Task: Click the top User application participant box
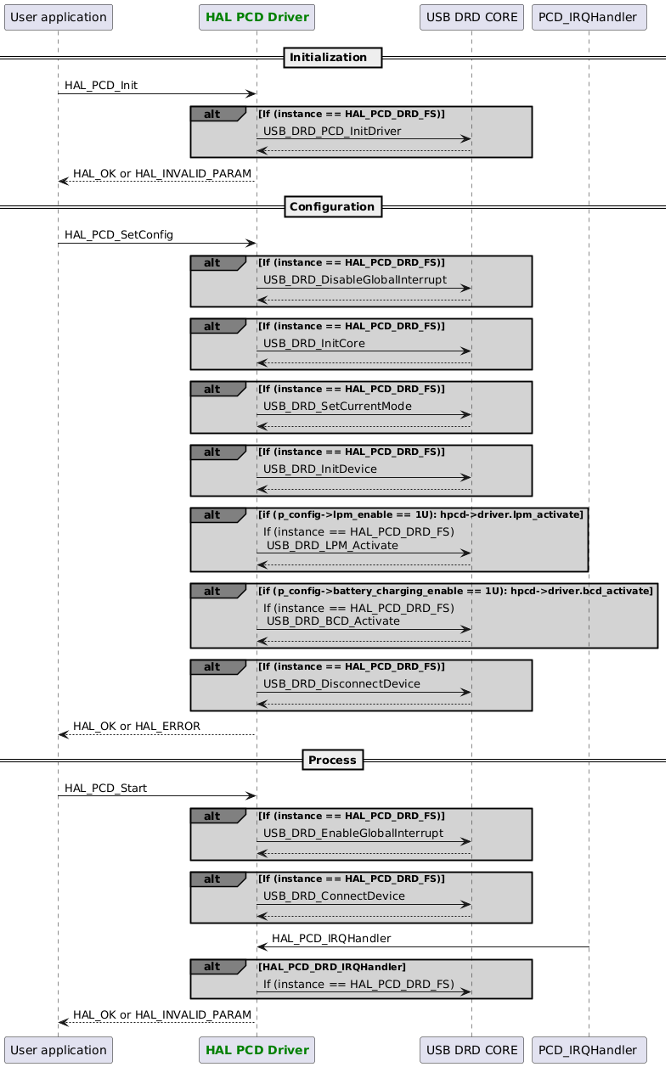(58, 16)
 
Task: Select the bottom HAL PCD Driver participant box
(257, 1050)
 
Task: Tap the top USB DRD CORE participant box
(471, 16)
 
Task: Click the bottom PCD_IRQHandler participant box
(589, 1050)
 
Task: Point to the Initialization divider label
(332, 58)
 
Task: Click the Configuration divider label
(332, 206)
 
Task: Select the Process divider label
(332, 759)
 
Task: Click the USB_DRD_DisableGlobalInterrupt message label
(355, 280)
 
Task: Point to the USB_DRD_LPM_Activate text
(332, 546)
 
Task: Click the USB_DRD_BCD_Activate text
(333, 621)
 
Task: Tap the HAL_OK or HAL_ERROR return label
(137, 727)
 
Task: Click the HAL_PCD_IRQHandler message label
(331, 939)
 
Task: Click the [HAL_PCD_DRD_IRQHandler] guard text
(332, 967)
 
